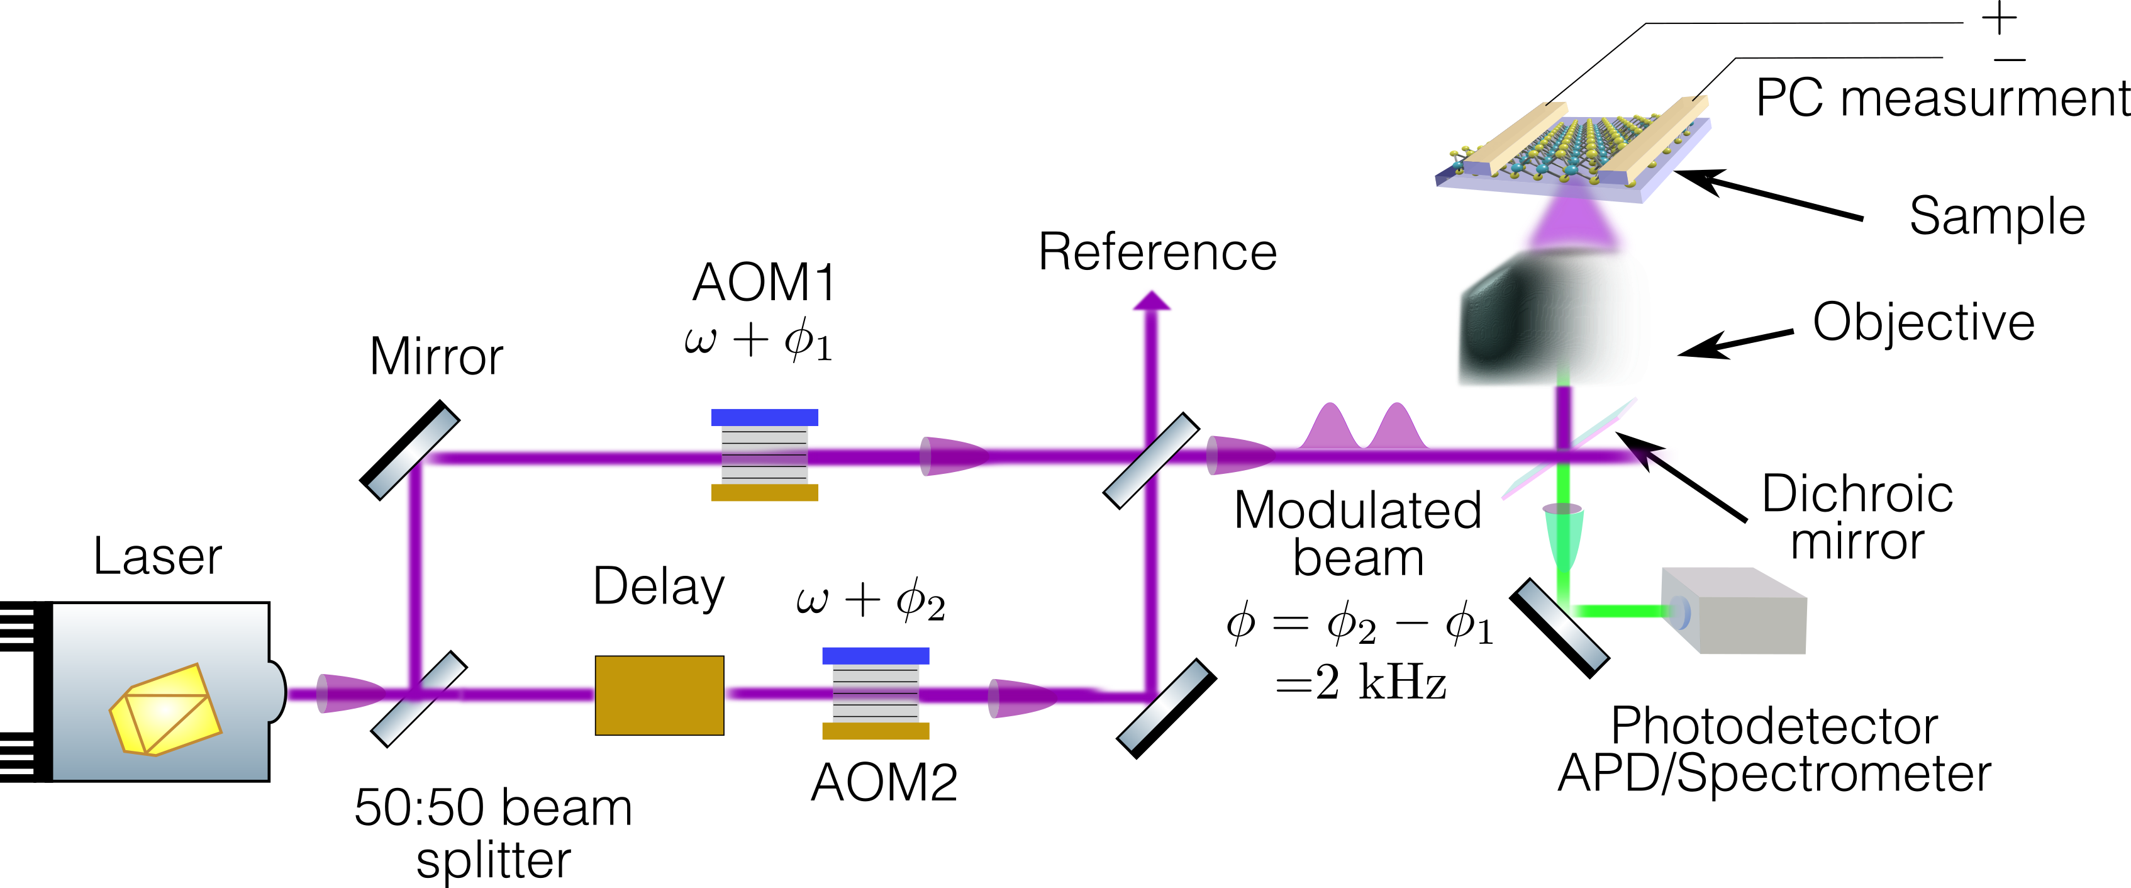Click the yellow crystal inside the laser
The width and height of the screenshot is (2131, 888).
pos(165,709)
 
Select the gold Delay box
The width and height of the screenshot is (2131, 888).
pos(659,695)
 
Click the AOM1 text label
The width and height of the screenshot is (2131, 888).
pos(764,283)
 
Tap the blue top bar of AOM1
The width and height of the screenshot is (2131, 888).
pos(764,417)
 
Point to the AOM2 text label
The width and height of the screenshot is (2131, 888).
pos(884,782)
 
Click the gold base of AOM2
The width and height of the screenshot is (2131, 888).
pos(876,731)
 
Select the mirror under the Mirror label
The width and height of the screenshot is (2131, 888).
pos(410,450)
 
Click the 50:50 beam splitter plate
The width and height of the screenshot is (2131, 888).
pos(419,699)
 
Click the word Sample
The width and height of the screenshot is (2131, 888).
pos(1996,217)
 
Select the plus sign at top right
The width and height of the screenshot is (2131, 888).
pos(2000,18)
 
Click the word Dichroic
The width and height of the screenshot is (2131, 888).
pos(1857,495)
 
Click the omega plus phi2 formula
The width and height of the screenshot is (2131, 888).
pos(871,599)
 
